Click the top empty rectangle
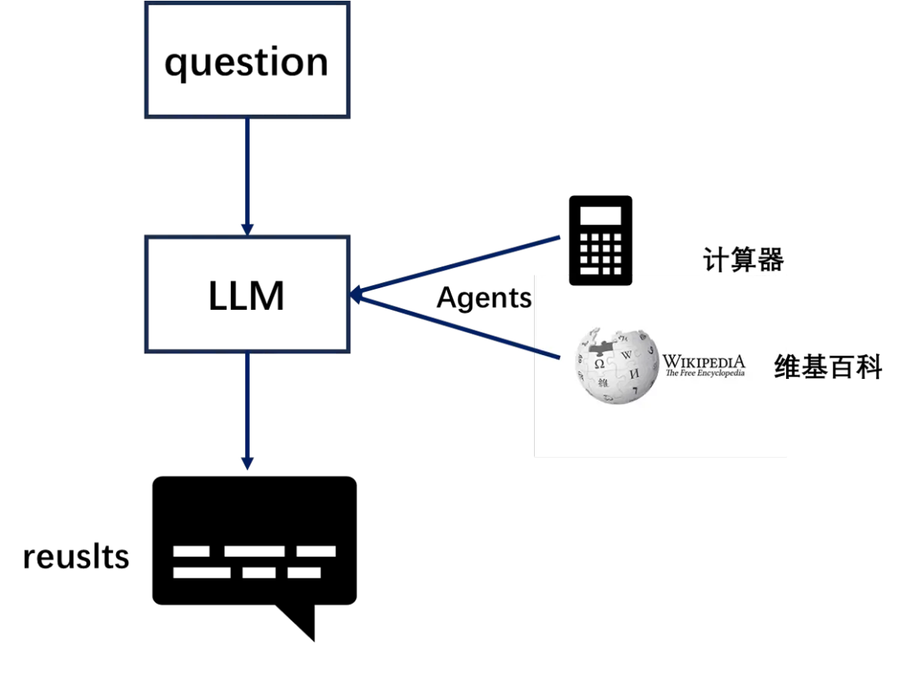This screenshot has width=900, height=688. (x=247, y=60)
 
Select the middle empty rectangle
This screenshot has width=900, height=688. (x=247, y=293)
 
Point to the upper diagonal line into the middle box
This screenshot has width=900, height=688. (x=457, y=266)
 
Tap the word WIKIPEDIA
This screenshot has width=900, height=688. (x=703, y=362)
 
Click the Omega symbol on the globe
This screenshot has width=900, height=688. (x=598, y=363)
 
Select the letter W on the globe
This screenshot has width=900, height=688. (x=627, y=354)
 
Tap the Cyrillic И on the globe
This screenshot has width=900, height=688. (x=634, y=373)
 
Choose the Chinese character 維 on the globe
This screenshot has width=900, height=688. (x=604, y=383)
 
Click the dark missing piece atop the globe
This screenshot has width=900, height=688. (x=601, y=347)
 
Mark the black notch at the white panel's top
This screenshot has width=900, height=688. (x=601, y=278)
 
